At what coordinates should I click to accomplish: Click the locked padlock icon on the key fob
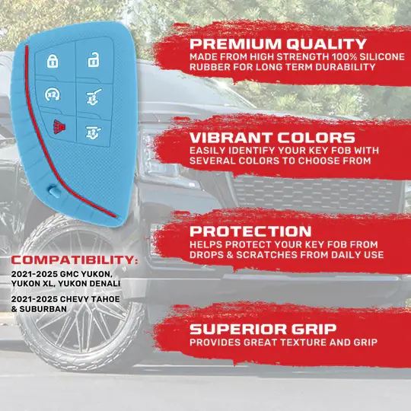[53, 61]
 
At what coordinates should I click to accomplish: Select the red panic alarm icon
[59, 127]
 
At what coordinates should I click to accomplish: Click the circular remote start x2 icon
[53, 94]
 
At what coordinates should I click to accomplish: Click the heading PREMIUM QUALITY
[278, 44]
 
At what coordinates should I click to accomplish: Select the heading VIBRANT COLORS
[272, 138]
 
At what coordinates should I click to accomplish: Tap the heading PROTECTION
[250, 231]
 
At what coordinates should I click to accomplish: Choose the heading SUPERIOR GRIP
[263, 330]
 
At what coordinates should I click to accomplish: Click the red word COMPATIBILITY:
[75, 260]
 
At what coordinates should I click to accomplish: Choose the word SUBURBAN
[43, 309]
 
